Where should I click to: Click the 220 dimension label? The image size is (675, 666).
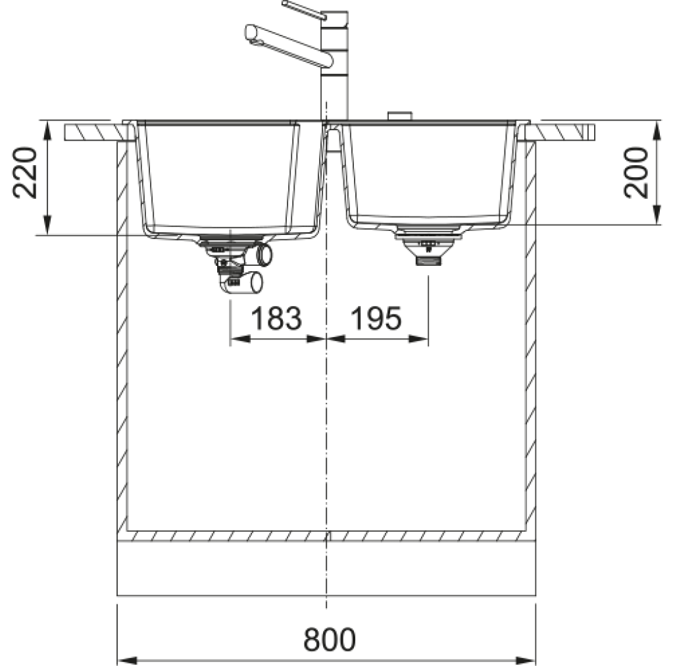[x=25, y=173]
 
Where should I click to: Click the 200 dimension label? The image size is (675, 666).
[x=636, y=173]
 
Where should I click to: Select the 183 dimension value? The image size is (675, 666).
[x=276, y=319]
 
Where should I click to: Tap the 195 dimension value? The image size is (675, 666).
[x=376, y=319]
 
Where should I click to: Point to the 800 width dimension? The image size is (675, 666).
[x=330, y=640]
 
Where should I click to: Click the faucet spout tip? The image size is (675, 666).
[x=251, y=33]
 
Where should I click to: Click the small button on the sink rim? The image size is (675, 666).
[x=400, y=116]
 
